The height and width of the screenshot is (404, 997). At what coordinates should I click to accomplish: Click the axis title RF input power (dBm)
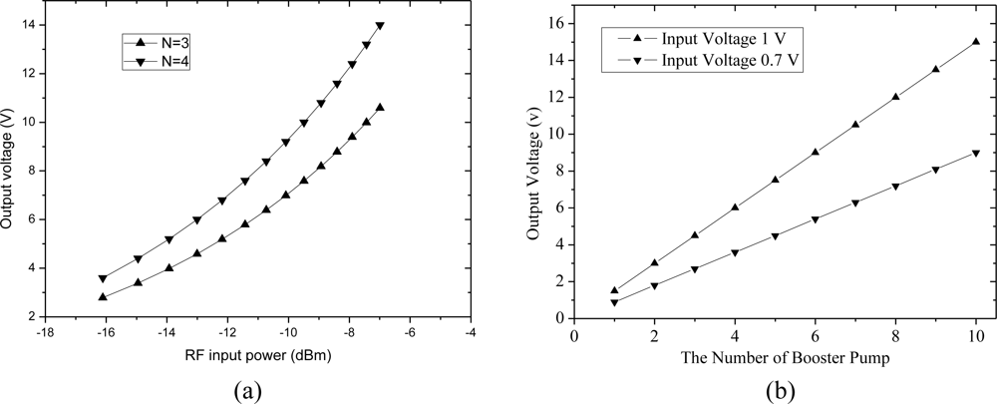[258, 355]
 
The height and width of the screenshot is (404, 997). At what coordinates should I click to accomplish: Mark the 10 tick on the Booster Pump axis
[975, 333]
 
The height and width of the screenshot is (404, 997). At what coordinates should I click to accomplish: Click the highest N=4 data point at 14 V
[380, 26]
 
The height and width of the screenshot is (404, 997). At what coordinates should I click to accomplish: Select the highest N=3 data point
[380, 107]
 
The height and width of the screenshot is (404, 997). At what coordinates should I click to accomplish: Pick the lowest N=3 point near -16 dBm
[103, 296]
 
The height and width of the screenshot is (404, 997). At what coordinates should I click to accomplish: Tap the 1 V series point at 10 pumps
[975, 42]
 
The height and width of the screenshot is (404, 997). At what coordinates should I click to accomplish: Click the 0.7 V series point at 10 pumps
[975, 153]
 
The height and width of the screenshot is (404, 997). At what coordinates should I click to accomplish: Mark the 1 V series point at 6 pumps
[815, 152]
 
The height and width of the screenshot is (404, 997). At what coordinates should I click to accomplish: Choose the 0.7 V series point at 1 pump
[614, 302]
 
